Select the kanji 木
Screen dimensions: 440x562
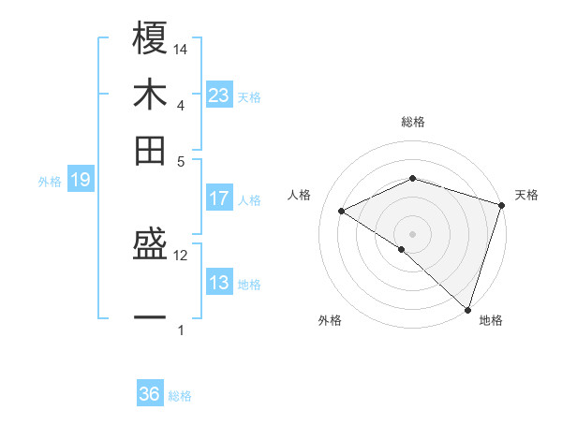coord(150,95)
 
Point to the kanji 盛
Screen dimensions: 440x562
coord(150,245)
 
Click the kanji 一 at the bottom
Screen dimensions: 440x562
coord(150,318)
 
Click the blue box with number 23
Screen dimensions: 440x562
coord(219,95)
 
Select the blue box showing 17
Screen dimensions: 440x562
coord(219,198)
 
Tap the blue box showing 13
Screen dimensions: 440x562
coord(219,283)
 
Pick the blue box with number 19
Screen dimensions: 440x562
coord(81,181)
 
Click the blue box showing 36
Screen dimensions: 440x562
coord(150,394)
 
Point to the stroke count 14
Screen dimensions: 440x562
coord(182,49)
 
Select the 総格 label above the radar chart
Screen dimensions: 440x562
coord(413,122)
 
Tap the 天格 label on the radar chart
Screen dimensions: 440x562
coord(526,195)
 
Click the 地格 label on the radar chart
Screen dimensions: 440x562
coord(491,320)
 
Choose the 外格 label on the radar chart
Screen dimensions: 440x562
coord(330,320)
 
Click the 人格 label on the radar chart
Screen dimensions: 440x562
coord(300,195)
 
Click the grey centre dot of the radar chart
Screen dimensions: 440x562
coord(413,233)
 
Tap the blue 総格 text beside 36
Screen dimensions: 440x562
coord(181,396)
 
